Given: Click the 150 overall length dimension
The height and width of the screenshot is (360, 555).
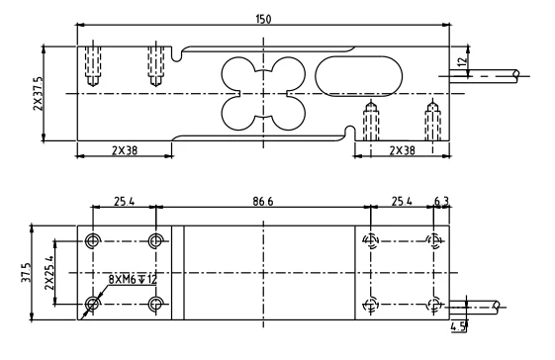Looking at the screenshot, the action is (263, 19).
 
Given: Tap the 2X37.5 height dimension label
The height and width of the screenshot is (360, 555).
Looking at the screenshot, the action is (38, 94).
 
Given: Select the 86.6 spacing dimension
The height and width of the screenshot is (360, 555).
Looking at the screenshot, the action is (263, 202).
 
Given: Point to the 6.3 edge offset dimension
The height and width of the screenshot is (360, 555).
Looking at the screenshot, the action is (441, 202).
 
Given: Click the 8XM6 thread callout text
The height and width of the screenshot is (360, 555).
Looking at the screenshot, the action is (133, 280).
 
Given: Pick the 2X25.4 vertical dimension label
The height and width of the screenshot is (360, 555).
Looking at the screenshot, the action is (49, 273).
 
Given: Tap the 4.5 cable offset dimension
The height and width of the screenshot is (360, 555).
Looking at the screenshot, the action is (458, 326).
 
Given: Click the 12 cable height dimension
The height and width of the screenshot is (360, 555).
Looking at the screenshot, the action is (462, 62).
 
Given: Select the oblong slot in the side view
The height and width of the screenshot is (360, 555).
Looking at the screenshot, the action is (358, 76).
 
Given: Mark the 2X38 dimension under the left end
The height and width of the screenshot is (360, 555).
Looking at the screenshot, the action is (125, 150).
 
